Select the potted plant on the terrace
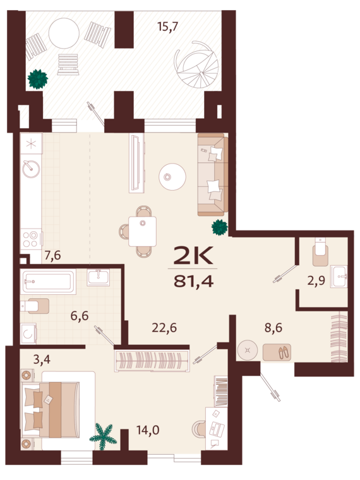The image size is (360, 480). point(38,79)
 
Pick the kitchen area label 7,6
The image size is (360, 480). point(52,256)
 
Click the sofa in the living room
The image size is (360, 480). point(212,174)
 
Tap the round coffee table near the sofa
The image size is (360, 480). point(171,176)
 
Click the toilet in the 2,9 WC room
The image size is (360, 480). point(320,253)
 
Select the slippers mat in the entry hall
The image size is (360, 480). point(277,352)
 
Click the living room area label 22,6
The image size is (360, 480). point(164,327)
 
